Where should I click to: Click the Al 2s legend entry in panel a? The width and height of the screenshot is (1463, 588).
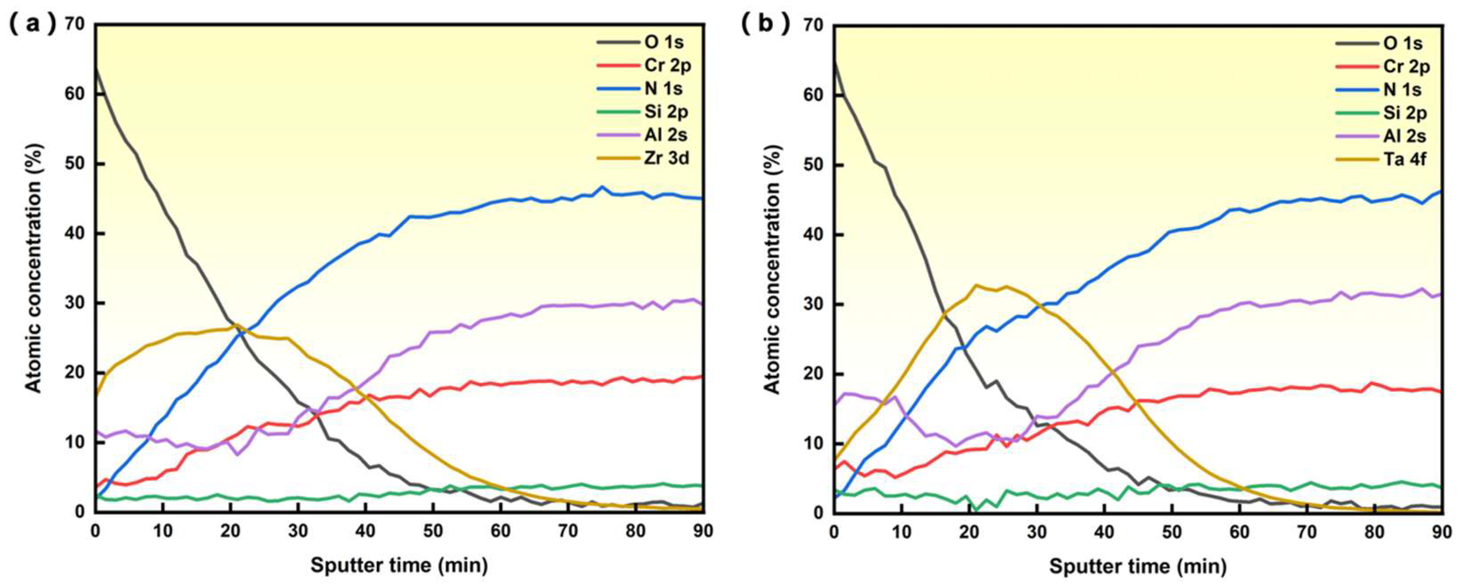click(666, 135)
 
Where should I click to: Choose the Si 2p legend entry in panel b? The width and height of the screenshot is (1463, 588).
click(1405, 113)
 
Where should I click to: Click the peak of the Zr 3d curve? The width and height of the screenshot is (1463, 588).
click(236, 325)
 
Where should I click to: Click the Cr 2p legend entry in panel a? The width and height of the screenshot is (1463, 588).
click(667, 65)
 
